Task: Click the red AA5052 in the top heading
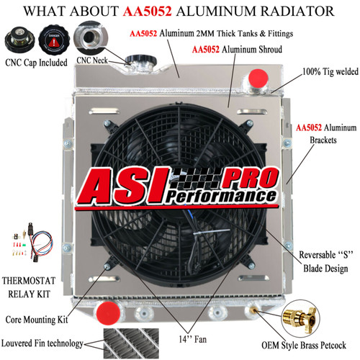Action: (x=148, y=12)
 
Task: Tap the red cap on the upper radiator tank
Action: (x=258, y=78)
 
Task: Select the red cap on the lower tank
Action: (x=108, y=313)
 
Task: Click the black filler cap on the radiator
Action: (x=141, y=60)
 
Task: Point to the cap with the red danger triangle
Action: (x=54, y=40)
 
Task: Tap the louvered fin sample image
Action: (x=131, y=343)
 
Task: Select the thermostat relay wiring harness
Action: (x=32, y=242)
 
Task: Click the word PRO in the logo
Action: (x=251, y=178)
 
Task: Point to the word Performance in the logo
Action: (x=221, y=196)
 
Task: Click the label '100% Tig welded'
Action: (x=330, y=72)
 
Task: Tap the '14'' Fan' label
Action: (x=193, y=339)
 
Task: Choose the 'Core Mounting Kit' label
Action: (x=37, y=320)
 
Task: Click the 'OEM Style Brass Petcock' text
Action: (x=304, y=346)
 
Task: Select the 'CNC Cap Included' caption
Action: (x=36, y=63)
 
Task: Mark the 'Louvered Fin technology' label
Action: (x=42, y=343)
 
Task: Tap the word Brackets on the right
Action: (x=323, y=140)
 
